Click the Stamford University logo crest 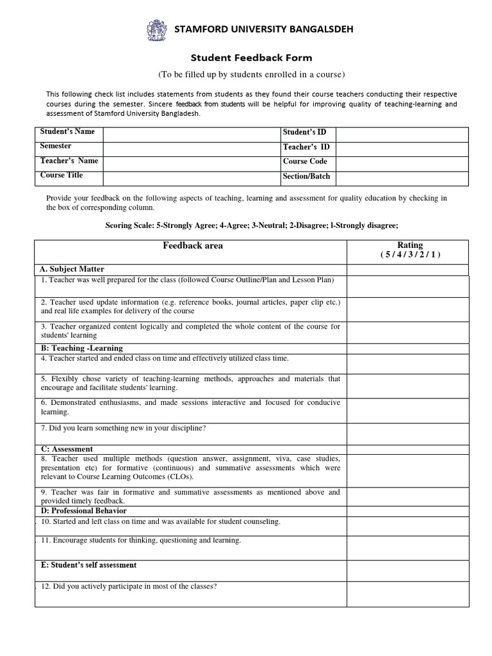156,30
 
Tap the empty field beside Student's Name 192,134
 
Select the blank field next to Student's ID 402,134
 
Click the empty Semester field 192,149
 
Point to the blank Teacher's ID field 402,149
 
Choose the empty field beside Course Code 402,163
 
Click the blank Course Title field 192,178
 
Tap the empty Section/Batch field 402,178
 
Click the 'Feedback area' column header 193,245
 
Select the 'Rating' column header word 410,245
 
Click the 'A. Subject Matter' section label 72,269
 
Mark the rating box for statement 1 407,286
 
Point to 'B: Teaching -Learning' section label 81,348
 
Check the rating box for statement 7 407,434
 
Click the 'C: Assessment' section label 67,449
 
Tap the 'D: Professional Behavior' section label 83,511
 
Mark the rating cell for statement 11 407,547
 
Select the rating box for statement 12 407,594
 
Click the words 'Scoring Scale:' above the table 129,225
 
